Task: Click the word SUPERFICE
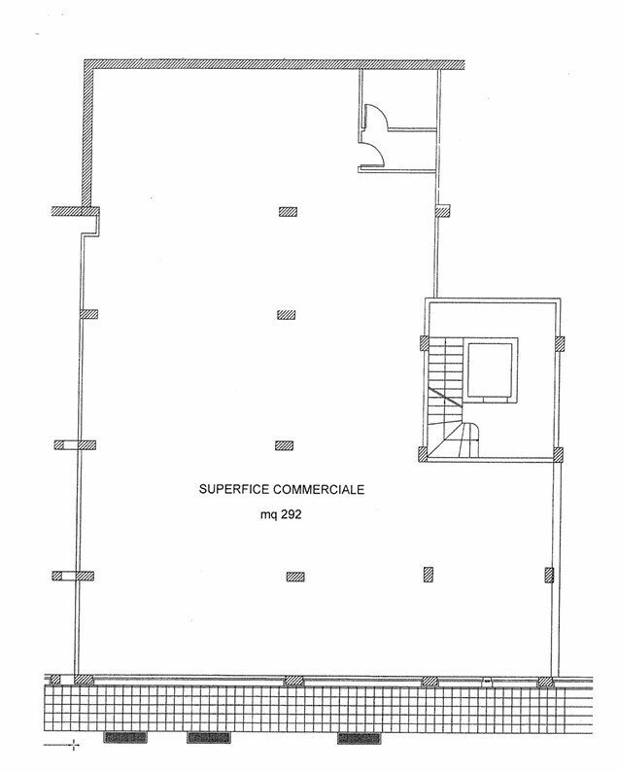pyautogui.click(x=234, y=489)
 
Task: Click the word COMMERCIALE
pyautogui.click(x=319, y=489)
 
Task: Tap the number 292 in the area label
pyautogui.click(x=292, y=514)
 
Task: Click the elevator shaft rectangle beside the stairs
pyautogui.click(x=490, y=370)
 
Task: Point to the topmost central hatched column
pyautogui.click(x=288, y=212)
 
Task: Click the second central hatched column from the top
pyautogui.click(x=287, y=315)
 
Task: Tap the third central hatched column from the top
pyautogui.click(x=285, y=445)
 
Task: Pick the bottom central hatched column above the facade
pyautogui.click(x=295, y=577)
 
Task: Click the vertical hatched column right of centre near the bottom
pyautogui.click(x=429, y=575)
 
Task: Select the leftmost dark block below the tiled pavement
pyautogui.click(x=125, y=737)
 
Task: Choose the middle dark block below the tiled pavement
pyautogui.click(x=209, y=737)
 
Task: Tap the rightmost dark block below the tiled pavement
pyautogui.click(x=360, y=737)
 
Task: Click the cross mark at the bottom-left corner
pyautogui.click(x=74, y=745)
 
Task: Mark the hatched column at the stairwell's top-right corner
pyautogui.click(x=560, y=343)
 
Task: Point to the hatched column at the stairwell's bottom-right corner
pyautogui.click(x=558, y=454)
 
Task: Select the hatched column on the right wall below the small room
pyautogui.click(x=443, y=211)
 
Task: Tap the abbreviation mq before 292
pyautogui.click(x=268, y=515)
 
